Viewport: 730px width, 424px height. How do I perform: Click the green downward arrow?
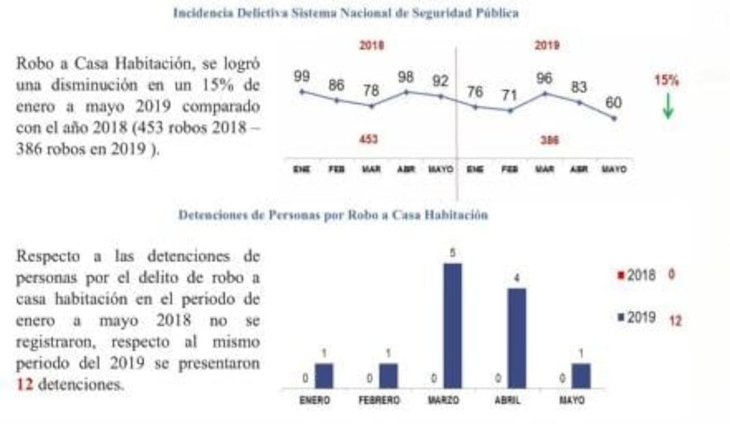pos(668,106)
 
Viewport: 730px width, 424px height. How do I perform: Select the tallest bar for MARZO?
pos(452,326)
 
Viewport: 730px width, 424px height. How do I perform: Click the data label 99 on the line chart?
pos(302,77)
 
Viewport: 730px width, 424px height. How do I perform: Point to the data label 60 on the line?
pos(613,103)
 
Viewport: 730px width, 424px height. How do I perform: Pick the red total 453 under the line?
pos(369,140)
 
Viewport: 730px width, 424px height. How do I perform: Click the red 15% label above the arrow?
pos(666,81)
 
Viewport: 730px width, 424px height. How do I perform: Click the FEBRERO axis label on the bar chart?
pos(379,400)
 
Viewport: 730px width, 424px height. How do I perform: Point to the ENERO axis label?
pos(314,400)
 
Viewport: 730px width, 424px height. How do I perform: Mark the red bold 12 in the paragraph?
pos(24,384)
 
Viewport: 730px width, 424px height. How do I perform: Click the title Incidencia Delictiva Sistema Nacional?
pos(345,13)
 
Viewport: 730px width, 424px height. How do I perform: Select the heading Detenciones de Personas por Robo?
pos(333,215)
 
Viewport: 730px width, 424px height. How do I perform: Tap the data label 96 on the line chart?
pos(544,79)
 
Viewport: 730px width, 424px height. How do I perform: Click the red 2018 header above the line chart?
pos(371,46)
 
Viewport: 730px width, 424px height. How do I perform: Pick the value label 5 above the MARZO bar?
pos(452,253)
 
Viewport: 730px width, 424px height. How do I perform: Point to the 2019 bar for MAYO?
pos(580,375)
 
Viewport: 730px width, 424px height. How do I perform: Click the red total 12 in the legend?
pos(675,320)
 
